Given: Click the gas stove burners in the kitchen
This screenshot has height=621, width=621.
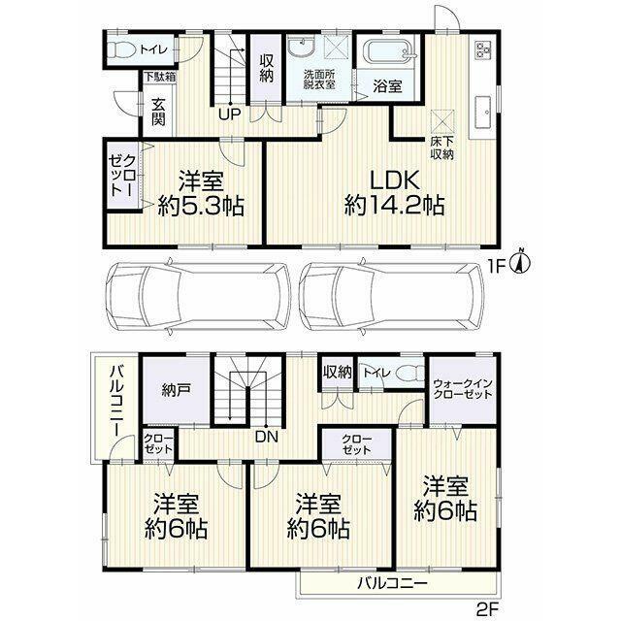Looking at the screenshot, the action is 483,50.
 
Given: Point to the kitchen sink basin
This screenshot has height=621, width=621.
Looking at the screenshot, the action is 482,112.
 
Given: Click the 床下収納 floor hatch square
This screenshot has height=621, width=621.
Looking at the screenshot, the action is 442,121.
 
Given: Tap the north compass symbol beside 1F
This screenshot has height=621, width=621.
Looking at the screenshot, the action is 522,262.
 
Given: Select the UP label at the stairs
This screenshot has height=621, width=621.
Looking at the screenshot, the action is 230,114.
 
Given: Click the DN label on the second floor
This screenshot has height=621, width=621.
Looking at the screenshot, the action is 267,437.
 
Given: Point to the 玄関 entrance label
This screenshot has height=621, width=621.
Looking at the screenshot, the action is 158,112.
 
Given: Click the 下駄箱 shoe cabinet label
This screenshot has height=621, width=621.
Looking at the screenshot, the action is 160,77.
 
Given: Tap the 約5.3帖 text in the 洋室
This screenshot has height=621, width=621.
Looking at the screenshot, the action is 201,206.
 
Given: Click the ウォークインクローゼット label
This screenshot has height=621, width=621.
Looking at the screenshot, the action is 463,389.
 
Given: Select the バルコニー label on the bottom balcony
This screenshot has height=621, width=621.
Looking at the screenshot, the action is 392,583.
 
